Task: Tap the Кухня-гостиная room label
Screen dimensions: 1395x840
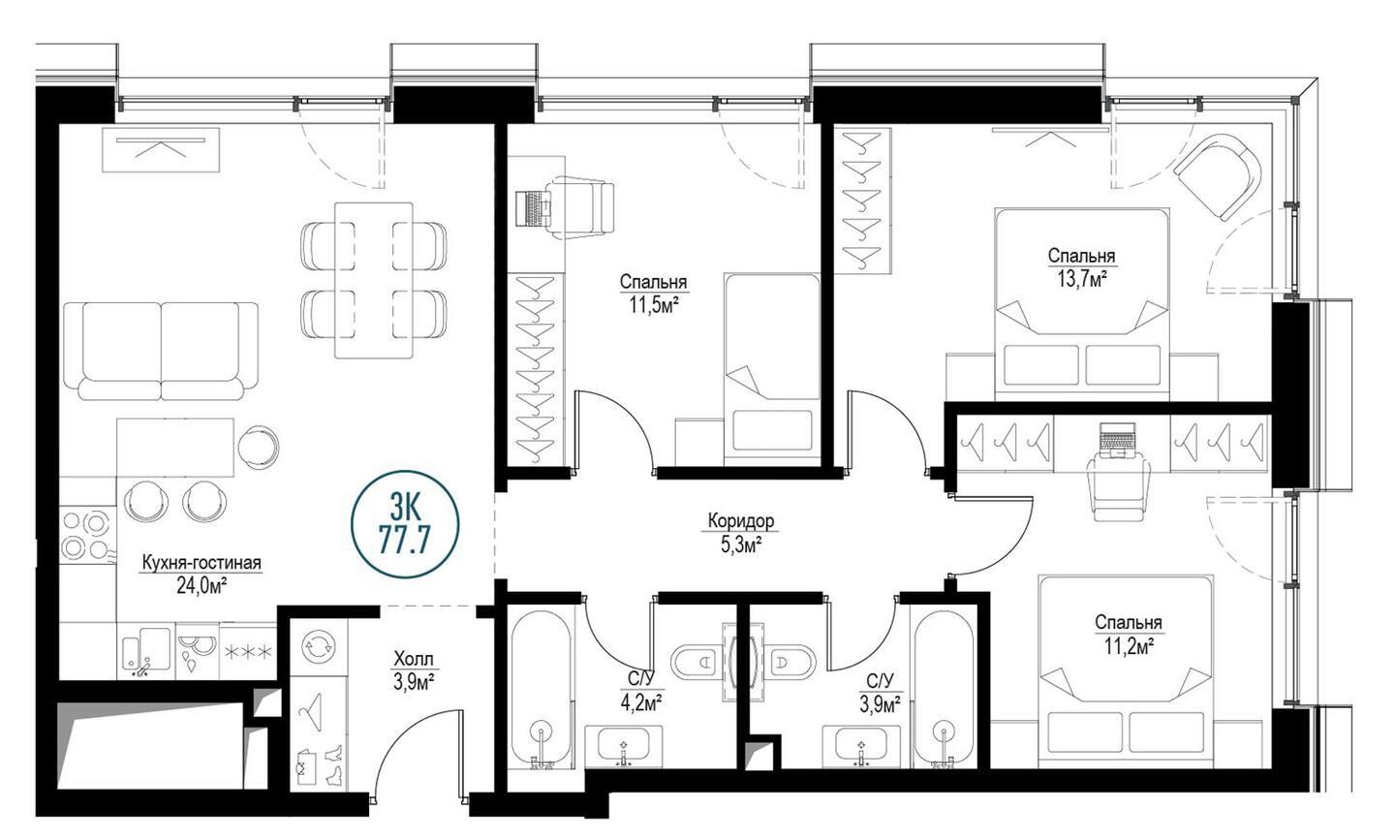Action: (201, 563)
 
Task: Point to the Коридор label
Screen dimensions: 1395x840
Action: (741, 520)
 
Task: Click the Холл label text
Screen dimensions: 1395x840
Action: (414, 658)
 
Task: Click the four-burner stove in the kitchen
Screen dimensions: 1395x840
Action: (86, 535)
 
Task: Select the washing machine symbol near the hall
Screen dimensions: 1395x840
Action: (319, 646)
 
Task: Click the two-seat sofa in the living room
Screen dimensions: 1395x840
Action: (161, 351)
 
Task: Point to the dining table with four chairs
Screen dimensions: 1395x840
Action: (374, 280)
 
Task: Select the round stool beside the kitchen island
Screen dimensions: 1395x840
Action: (258, 447)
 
